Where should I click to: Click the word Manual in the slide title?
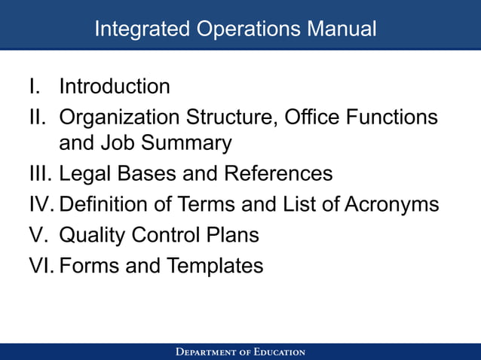342,29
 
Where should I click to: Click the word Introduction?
115,87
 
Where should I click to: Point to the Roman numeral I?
33,87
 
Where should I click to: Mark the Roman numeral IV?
42,205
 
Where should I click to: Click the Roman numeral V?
38,235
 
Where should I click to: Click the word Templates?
215,266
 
